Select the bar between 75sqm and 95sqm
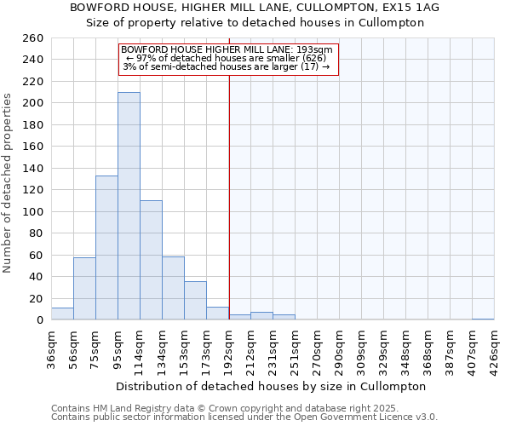[106, 247]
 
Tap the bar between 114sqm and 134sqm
[151, 260]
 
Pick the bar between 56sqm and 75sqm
[84, 288]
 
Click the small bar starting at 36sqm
[62, 314]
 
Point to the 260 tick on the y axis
[34, 38]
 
